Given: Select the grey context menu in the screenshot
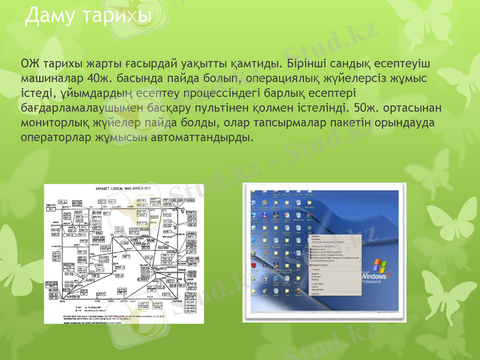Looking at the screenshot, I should coord(333,264).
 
